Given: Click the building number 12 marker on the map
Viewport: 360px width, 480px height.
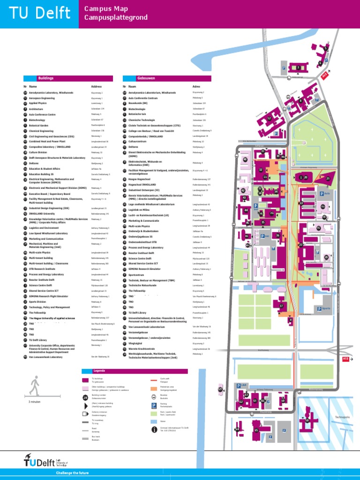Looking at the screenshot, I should coord(269,119).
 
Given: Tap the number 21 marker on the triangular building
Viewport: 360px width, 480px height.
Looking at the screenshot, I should coord(328,179).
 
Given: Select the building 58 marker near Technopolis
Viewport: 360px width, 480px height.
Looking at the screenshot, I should coord(307,420).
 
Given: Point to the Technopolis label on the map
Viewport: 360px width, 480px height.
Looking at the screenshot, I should coord(342,417).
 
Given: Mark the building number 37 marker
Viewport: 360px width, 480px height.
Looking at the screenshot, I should coord(281,306).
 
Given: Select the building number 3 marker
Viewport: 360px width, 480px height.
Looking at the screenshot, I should coord(298,67).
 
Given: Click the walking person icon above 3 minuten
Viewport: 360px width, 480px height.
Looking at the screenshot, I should coord(34,386).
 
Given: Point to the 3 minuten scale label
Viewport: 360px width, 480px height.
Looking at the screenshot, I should coord(35,402).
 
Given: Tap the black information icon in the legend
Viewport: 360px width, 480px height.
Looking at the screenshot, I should coord(154,429).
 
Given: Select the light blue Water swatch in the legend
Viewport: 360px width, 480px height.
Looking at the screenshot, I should coord(154,421).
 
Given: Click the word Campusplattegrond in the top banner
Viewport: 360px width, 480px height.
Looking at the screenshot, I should coord(115,18).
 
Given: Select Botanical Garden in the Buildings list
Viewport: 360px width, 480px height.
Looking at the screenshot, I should coord(39,126).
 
